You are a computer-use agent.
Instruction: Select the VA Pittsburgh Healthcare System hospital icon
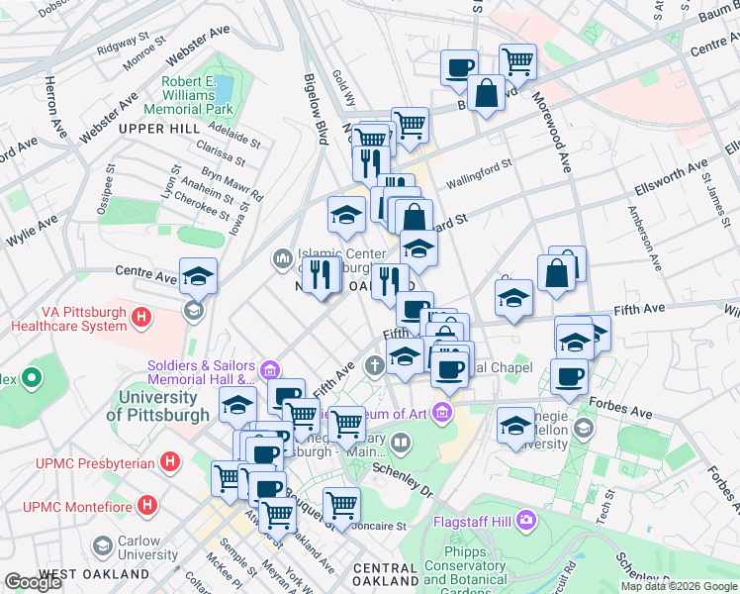coord(141,319)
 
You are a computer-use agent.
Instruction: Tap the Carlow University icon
coord(102,546)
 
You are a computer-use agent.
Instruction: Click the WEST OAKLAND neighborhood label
coord(95,574)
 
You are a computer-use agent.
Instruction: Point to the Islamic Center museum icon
coord(282,259)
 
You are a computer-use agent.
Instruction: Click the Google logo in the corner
coord(33,582)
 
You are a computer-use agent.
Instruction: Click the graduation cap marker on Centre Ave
coord(198,277)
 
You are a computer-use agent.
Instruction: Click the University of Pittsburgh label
coord(163,406)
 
